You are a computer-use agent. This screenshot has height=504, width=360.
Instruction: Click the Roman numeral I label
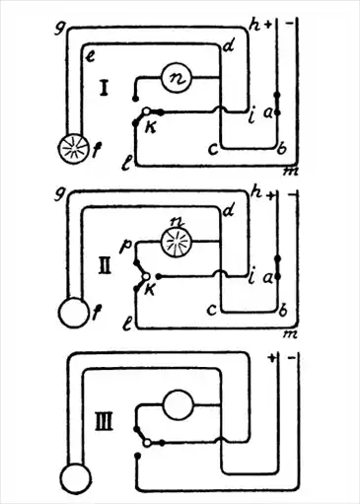104,88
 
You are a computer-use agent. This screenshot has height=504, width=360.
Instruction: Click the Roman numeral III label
105,422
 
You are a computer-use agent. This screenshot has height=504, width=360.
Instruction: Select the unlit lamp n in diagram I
177,78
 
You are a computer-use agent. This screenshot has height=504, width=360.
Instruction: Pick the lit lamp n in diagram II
177,242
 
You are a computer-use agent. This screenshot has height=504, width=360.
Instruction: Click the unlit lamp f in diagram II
74,313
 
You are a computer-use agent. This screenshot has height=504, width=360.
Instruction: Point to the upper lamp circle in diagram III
179,404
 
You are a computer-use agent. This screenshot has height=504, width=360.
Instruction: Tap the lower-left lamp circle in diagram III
75,477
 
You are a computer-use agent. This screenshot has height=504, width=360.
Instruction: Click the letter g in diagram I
59,29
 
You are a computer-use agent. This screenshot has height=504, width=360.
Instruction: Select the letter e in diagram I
90,56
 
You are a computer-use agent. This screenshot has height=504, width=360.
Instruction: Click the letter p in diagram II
126,246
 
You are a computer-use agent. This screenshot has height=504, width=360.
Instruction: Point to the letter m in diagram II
290,334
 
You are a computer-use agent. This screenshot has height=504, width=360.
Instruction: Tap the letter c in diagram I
213,149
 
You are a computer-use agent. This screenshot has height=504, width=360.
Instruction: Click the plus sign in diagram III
271,358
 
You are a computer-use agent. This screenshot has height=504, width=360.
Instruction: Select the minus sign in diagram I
290,24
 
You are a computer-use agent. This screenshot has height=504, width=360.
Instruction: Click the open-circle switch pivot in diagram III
148,443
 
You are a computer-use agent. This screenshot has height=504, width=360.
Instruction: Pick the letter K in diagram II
150,290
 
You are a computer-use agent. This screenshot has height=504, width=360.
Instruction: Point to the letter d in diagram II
228,211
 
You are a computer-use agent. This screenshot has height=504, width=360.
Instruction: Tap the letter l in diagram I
127,163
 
